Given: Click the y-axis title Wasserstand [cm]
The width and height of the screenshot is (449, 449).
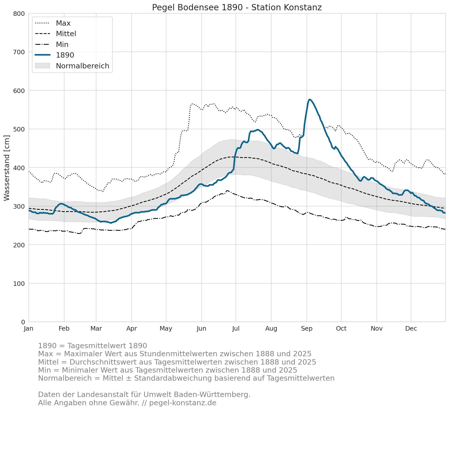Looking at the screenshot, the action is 7,168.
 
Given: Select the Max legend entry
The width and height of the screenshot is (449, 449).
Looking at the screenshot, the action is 53,23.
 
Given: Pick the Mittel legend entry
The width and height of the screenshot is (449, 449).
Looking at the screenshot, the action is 56,34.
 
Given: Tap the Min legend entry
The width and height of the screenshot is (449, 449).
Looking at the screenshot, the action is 52,44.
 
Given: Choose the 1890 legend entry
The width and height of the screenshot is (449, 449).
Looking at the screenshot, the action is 55,55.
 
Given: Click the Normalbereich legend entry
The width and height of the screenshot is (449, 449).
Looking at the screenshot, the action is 72,66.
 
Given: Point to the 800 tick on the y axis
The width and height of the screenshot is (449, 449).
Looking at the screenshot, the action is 19,14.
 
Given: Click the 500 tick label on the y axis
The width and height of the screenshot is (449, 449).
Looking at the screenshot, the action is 19,129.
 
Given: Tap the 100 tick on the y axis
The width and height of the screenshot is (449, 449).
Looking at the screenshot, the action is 19,284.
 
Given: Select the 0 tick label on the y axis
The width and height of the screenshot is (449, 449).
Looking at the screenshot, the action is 23,322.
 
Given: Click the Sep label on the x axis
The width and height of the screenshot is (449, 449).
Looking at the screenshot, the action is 307,329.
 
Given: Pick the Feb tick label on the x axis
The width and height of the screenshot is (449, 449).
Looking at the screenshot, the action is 64,329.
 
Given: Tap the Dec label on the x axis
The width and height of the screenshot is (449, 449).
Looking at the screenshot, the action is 411,329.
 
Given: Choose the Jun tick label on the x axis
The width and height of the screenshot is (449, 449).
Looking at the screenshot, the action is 202,329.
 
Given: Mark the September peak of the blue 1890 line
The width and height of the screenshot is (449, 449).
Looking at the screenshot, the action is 309,100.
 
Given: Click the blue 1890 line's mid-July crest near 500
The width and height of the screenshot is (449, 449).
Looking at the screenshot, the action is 257,130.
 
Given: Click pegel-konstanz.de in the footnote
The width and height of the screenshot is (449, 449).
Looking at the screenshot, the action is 183,403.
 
